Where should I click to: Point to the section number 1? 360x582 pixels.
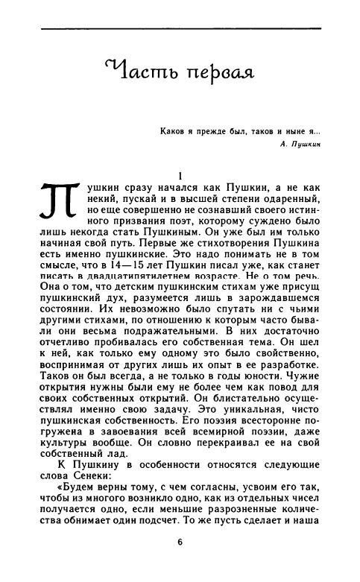(180, 174)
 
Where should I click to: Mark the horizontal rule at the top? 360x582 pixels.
(180, 28)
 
